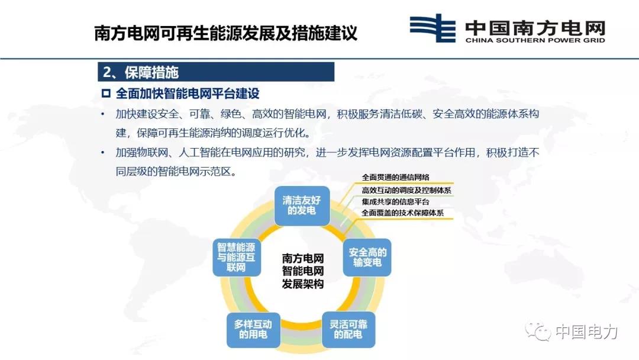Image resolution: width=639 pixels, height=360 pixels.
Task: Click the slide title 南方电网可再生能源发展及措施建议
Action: (x=226, y=33)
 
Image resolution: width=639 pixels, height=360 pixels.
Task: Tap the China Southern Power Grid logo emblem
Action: (x=433, y=28)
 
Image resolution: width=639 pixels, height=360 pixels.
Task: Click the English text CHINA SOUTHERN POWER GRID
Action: (x=535, y=40)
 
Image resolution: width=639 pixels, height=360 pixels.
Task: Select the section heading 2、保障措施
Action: (x=141, y=72)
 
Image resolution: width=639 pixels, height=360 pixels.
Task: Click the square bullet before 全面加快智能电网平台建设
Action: (x=106, y=94)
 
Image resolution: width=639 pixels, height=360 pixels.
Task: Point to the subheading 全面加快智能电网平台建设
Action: (x=188, y=94)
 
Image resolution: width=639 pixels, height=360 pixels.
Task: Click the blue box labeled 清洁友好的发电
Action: (x=302, y=205)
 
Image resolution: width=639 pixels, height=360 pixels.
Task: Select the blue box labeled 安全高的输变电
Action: (x=367, y=257)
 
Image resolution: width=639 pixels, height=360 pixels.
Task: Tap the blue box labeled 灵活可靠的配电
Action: (x=348, y=329)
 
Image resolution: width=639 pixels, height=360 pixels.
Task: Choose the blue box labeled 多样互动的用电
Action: (x=253, y=329)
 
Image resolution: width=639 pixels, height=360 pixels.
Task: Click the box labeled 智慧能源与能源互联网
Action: (x=236, y=257)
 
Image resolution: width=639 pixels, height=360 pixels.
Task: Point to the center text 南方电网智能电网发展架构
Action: (x=303, y=271)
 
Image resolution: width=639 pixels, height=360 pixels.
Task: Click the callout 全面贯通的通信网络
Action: (x=395, y=178)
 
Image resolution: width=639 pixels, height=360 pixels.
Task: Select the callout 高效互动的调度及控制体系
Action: (x=406, y=191)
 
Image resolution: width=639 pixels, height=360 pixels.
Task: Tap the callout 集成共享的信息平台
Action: (x=395, y=202)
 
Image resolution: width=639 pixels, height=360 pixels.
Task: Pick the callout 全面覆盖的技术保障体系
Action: (x=403, y=213)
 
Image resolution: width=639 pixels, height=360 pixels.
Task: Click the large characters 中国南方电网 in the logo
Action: (x=535, y=27)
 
